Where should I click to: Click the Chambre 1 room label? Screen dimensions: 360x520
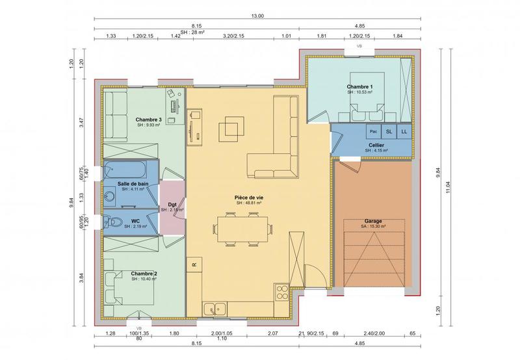coord(359,86)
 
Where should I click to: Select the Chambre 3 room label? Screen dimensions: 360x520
coord(148,120)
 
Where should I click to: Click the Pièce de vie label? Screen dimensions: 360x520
coord(249,196)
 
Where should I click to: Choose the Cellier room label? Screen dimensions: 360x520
coord(376,145)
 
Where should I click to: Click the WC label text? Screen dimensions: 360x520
coord(135,220)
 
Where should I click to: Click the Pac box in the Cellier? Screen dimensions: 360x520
coord(374,131)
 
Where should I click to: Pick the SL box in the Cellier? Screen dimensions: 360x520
coord(389,131)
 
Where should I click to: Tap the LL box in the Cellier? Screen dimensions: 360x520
coord(404,131)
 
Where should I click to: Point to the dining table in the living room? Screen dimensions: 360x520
coord(241,227)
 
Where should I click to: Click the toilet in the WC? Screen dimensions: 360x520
coord(115,222)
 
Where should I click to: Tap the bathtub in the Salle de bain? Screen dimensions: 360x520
coord(130,171)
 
